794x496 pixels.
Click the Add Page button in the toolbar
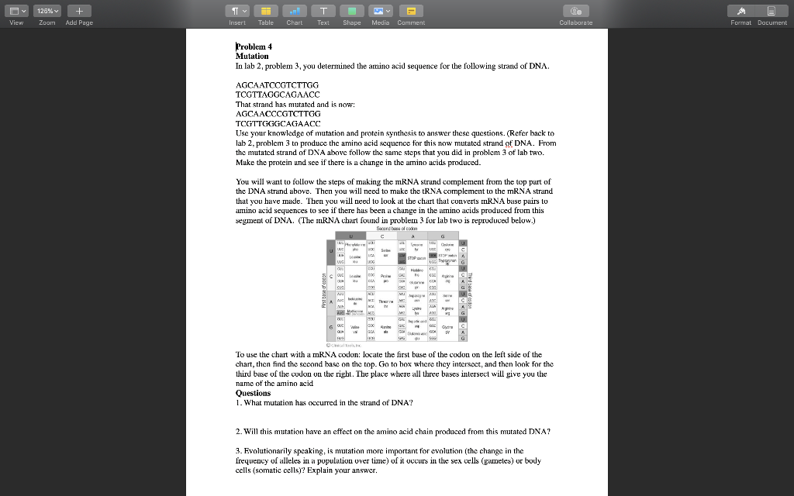pos(79,11)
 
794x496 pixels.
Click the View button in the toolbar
pos(16,11)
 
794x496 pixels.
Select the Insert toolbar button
pos(237,11)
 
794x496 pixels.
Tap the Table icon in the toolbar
pos(266,11)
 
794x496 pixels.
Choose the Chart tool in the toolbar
pos(295,11)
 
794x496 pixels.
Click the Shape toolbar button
pos(352,11)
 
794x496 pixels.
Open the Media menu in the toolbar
pos(381,11)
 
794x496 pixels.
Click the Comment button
pos(411,11)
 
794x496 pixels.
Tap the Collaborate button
pos(575,11)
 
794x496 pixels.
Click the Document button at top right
pos(772,11)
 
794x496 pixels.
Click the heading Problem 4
pos(254,46)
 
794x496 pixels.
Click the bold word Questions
pos(253,393)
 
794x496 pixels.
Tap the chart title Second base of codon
pos(397,228)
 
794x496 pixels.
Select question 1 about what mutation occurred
pos(324,402)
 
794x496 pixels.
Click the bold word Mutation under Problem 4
pos(252,56)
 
